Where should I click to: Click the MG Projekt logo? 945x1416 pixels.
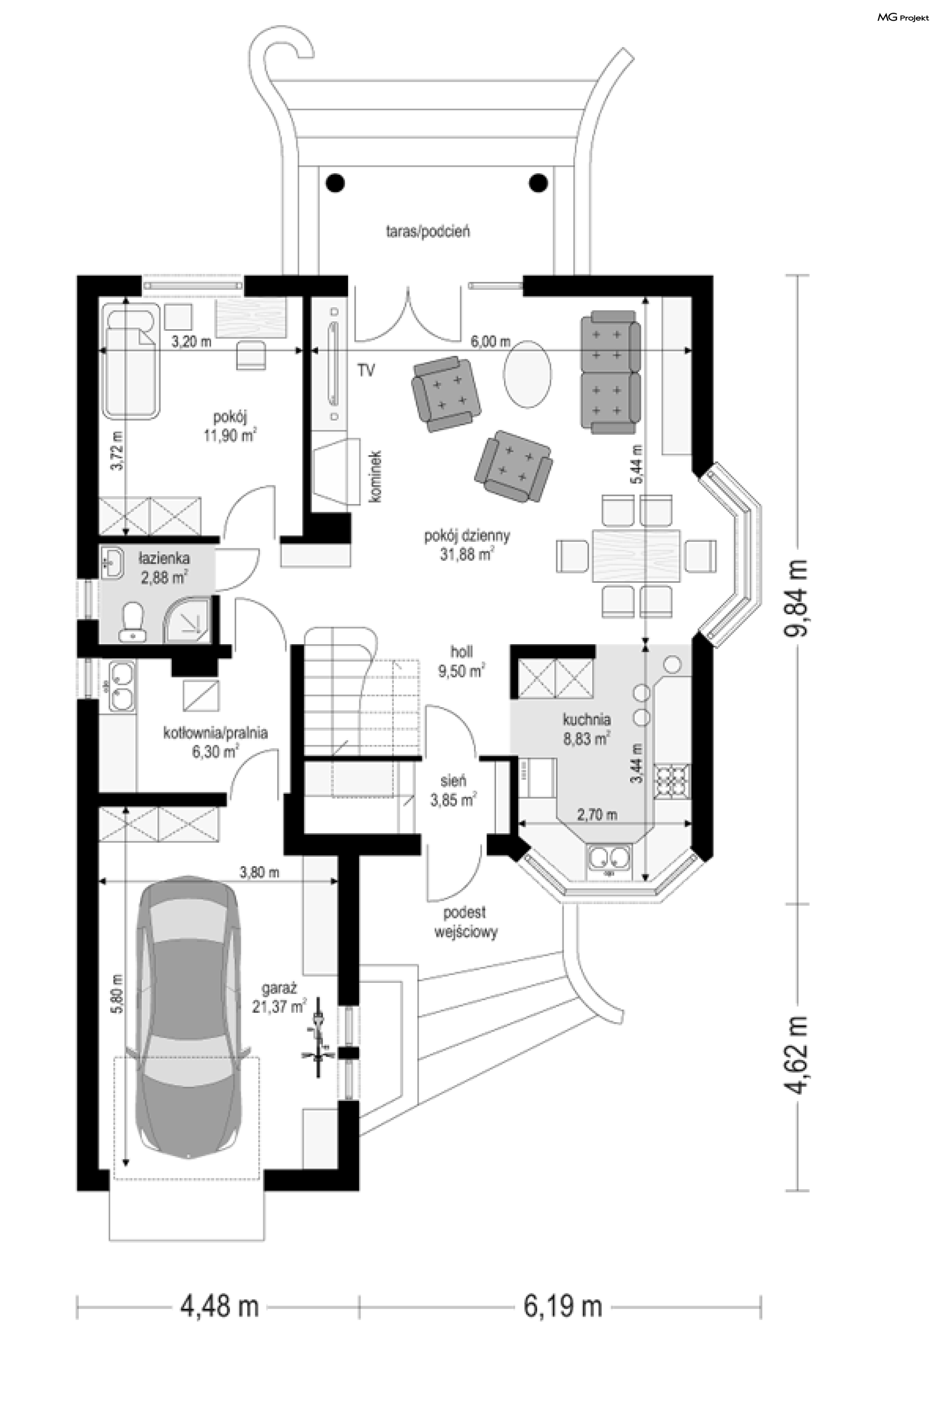pos(902,18)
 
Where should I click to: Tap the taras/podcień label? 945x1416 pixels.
pos(428,231)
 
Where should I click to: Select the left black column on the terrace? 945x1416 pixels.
pos(335,182)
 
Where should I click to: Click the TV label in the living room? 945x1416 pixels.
pos(366,370)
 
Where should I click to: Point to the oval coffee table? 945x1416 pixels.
pos(527,374)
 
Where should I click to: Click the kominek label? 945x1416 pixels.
pos(376,476)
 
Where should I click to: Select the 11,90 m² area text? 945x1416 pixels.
pos(230,435)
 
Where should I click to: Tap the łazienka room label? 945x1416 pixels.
pos(164,558)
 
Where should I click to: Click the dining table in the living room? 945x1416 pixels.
pos(636,555)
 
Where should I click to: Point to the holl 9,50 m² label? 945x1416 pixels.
pos(462,661)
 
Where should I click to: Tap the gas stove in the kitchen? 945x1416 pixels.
pos(673,782)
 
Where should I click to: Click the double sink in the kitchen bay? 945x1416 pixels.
pos(609,860)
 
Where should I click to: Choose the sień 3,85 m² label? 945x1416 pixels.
pos(453,790)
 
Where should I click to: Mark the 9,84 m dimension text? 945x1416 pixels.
pos(797,597)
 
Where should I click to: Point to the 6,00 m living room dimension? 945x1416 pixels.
pos(491,342)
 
